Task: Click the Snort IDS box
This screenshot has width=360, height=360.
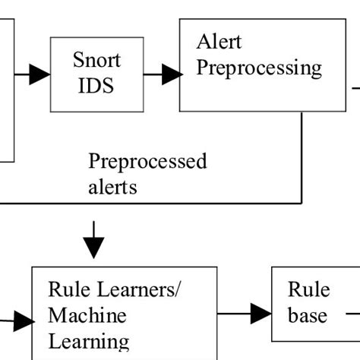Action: click(96, 74)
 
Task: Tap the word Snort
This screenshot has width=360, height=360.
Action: click(96, 59)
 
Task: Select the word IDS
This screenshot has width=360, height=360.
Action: click(96, 85)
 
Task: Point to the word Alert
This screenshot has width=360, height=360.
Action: click(219, 41)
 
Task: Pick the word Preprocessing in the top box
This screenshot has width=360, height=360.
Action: click(258, 67)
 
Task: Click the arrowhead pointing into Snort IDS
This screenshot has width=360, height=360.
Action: click(39, 74)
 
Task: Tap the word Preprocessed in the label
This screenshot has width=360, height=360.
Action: click(147, 161)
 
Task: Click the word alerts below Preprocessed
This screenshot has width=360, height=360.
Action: click(113, 186)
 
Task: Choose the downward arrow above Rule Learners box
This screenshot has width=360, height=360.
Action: click(93, 242)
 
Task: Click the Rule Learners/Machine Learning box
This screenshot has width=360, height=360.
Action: click(124, 313)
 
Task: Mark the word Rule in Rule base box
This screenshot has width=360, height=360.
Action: click(308, 289)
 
